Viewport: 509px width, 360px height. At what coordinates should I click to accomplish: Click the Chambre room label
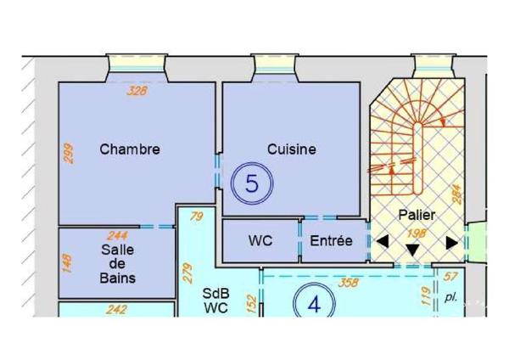[130, 149]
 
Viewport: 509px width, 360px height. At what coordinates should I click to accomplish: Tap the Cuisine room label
[292, 149]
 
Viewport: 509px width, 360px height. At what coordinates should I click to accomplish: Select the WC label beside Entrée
[260, 241]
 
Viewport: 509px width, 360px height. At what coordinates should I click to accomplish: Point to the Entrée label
[331, 241]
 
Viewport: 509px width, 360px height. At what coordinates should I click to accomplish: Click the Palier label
[417, 215]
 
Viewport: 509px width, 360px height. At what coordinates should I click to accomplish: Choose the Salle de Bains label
[117, 264]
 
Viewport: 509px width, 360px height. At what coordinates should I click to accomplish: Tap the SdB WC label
[215, 301]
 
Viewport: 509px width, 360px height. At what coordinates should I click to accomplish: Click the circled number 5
[252, 183]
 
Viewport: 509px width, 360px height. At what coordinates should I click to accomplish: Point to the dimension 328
[137, 91]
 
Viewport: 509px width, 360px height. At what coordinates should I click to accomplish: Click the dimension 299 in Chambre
[69, 154]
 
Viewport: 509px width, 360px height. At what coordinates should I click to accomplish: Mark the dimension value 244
[118, 235]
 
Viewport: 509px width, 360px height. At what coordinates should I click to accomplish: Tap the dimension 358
[349, 283]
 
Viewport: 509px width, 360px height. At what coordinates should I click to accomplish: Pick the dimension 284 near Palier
[456, 194]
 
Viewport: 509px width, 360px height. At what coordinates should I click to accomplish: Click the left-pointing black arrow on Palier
[383, 242]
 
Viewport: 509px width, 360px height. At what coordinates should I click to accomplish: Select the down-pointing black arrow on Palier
[412, 250]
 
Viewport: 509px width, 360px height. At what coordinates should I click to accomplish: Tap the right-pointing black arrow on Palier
[452, 243]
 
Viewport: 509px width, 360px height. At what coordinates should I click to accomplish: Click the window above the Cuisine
[275, 66]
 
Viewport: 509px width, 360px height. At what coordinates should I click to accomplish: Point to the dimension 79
[197, 217]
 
